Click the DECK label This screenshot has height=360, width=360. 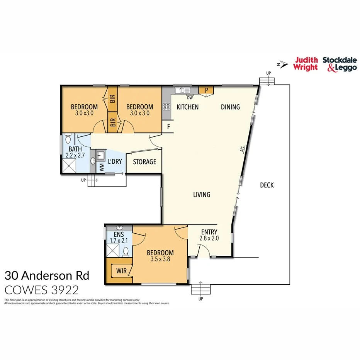coord(267,185)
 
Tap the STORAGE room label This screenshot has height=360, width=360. coord(144,162)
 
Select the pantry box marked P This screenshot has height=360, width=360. coord(207,90)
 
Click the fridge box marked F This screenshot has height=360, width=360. coord(168,126)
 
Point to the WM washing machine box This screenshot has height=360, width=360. coord(102,167)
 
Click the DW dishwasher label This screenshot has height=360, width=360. coord(190,98)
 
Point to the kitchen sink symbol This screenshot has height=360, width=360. coord(181,90)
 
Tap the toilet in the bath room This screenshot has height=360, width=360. coord(68,139)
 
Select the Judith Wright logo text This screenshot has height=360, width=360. coord(306,64)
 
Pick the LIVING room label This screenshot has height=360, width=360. coord(202,195)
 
